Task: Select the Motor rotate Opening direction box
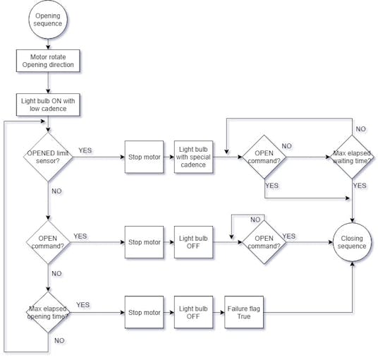pyautogui.click(x=47, y=61)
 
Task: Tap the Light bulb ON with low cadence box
pyautogui.click(x=47, y=104)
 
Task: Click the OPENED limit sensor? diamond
pyautogui.click(x=47, y=156)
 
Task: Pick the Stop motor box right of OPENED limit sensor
pyautogui.click(x=145, y=156)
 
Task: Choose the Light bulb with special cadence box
pyautogui.click(x=193, y=156)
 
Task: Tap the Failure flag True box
pyautogui.click(x=242, y=313)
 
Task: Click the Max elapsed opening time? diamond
pyautogui.click(x=47, y=313)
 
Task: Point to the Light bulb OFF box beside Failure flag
pyautogui.click(x=193, y=313)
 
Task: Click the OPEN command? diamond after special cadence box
pyautogui.click(x=264, y=156)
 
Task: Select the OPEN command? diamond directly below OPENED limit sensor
pyautogui.click(x=47, y=243)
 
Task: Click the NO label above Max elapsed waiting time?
pyautogui.click(x=360, y=130)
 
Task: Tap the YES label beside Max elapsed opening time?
pyautogui.click(x=83, y=305)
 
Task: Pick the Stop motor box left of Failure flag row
pyautogui.click(x=145, y=313)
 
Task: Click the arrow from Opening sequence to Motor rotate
pyautogui.click(x=47, y=43)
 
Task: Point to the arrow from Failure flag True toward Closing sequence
pyautogui.click(x=310, y=313)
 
